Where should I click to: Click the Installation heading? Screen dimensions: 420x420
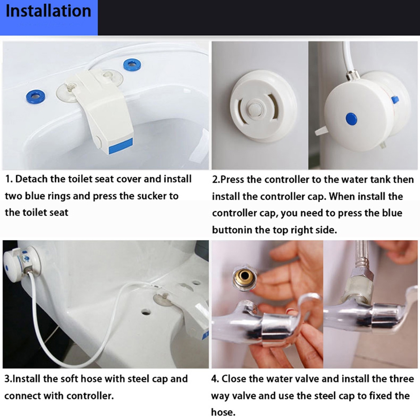(x=48, y=11)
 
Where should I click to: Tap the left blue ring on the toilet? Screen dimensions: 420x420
(x=36, y=97)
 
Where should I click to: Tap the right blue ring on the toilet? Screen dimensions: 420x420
(x=132, y=64)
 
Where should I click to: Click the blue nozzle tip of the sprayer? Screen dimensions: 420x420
(x=121, y=146)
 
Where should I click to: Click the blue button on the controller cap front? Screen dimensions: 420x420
(x=351, y=119)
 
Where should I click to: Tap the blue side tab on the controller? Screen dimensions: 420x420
(x=395, y=100)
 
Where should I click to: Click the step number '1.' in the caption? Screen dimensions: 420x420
(x=9, y=179)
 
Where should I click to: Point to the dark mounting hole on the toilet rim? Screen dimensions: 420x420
(x=145, y=312)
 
